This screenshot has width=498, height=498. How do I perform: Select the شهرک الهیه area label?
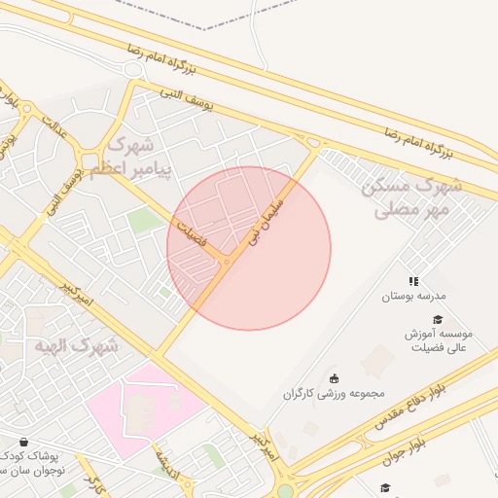coord(84,345)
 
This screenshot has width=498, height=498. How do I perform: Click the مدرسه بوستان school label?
coord(413,295)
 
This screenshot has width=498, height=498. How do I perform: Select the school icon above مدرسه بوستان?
coord(414,280)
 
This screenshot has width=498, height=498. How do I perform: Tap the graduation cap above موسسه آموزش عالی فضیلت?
coord(438,319)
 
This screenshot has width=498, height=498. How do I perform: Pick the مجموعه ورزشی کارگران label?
coord(335,394)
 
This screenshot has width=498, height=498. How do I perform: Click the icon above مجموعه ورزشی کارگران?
coord(335,378)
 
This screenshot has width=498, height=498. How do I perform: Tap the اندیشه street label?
coord(166,463)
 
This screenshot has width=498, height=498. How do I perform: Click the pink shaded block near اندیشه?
coord(146,409)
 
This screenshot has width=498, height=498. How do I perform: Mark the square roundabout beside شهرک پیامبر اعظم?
coord(93,160)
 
